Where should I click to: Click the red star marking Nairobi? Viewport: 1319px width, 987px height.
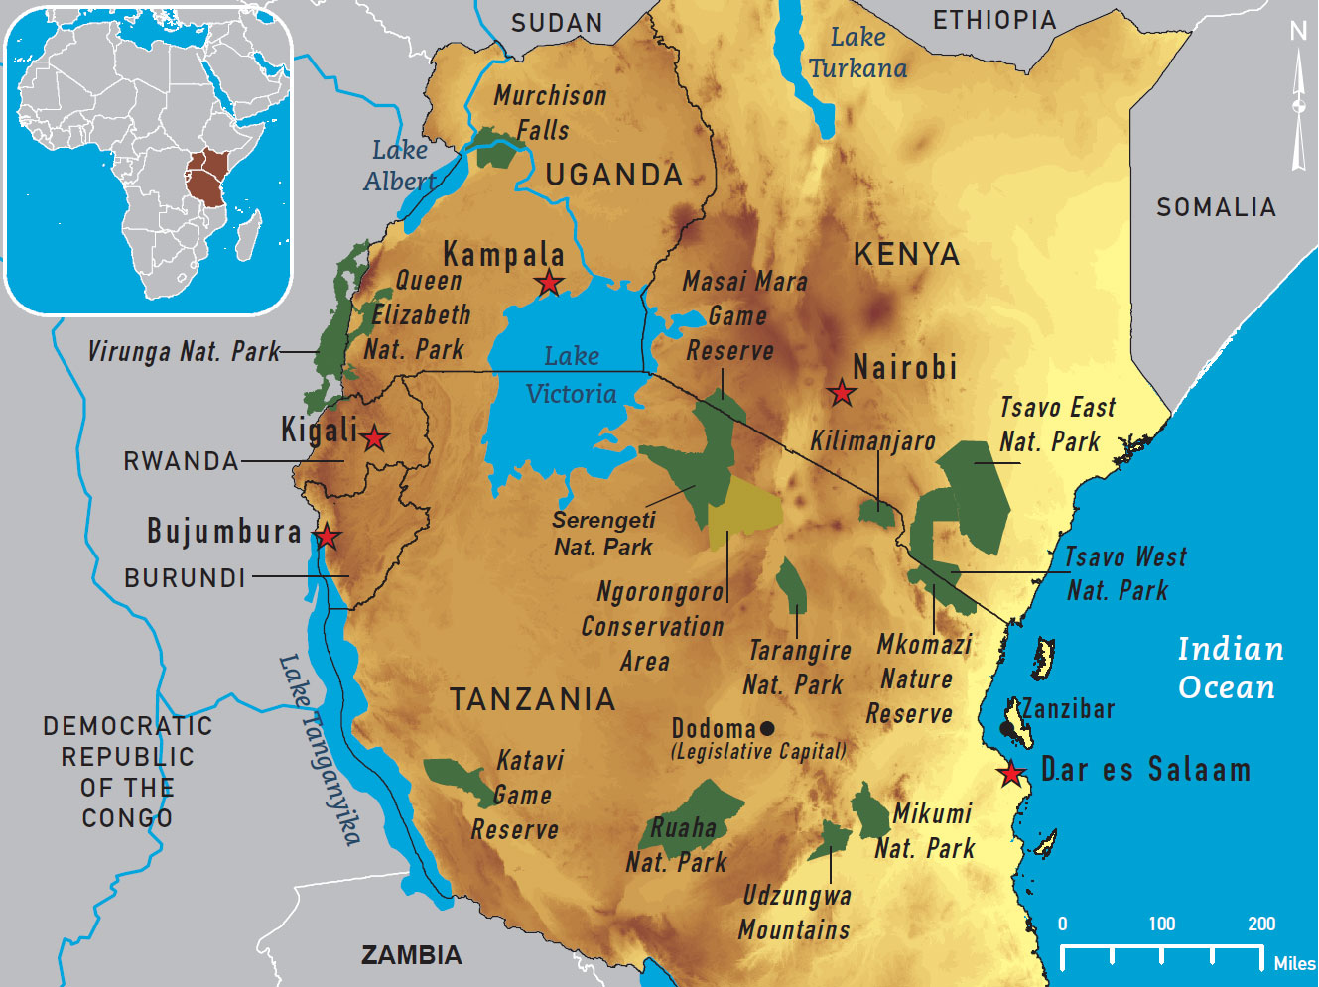[842, 393]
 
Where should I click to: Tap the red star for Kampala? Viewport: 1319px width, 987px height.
[549, 283]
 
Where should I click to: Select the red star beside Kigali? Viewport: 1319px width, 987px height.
[374, 437]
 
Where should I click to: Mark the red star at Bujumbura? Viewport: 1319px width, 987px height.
[327, 538]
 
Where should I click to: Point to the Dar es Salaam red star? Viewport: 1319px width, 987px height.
[1011, 773]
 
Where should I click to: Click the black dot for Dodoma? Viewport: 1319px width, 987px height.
[766, 729]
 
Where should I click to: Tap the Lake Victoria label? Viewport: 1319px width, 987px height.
[572, 375]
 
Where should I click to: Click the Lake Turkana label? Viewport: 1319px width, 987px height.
[857, 54]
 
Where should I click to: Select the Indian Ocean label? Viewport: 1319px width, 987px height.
[1229, 668]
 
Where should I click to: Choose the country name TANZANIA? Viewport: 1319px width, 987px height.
[533, 699]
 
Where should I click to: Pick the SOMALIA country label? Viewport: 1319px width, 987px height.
[1216, 207]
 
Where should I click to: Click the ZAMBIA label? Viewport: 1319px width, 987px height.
[411, 955]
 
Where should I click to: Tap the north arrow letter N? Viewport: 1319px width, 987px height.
[1298, 32]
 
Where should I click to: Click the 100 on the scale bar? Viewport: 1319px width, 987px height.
[1161, 925]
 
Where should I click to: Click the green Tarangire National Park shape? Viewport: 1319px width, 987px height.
[791, 585]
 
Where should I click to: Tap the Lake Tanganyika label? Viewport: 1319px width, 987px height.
[320, 748]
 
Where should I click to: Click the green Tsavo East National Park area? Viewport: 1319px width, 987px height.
[978, 491]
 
